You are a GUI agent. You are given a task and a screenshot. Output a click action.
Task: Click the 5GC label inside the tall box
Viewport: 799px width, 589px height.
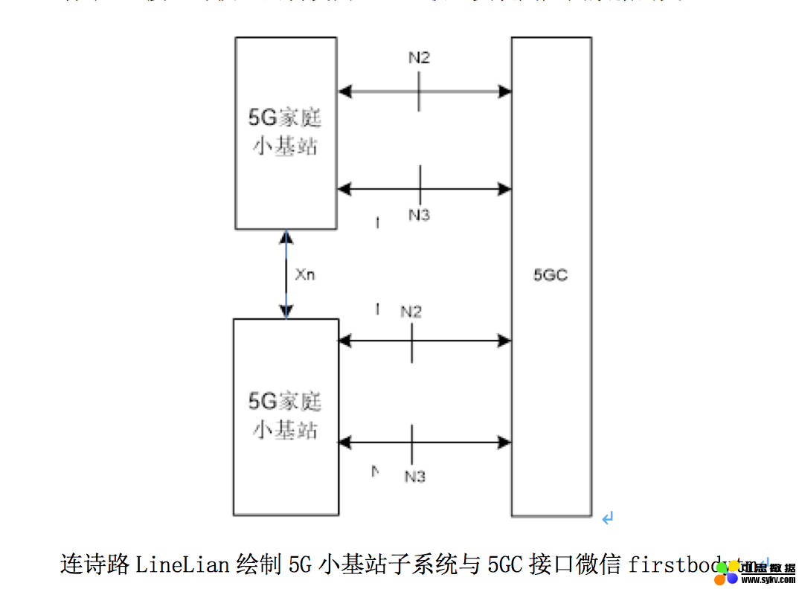pos(551,275)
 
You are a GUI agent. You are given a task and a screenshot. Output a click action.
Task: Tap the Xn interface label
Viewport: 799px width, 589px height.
pos(305,274)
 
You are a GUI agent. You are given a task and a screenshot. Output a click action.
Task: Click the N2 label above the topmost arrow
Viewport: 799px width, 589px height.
pos(419,58)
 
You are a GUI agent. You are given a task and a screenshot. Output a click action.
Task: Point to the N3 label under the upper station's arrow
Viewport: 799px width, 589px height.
pos(419,215)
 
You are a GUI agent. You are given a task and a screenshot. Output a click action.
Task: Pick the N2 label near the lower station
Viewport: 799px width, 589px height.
pos(411,312)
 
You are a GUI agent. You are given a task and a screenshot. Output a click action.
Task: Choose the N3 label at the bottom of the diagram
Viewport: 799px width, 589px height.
pos(414,476)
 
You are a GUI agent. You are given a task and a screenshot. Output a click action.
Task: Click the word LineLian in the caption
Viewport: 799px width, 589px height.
pos(182,564)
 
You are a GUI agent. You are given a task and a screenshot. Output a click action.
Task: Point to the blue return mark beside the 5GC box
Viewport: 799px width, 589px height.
pos(608,517)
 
